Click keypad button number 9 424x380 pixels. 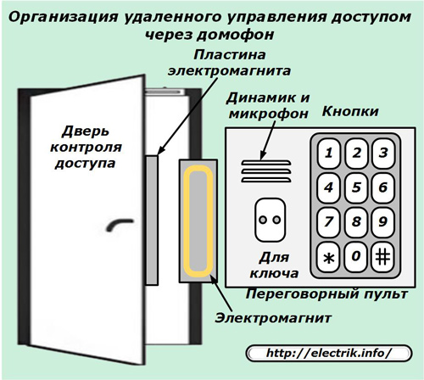click(383, 222)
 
